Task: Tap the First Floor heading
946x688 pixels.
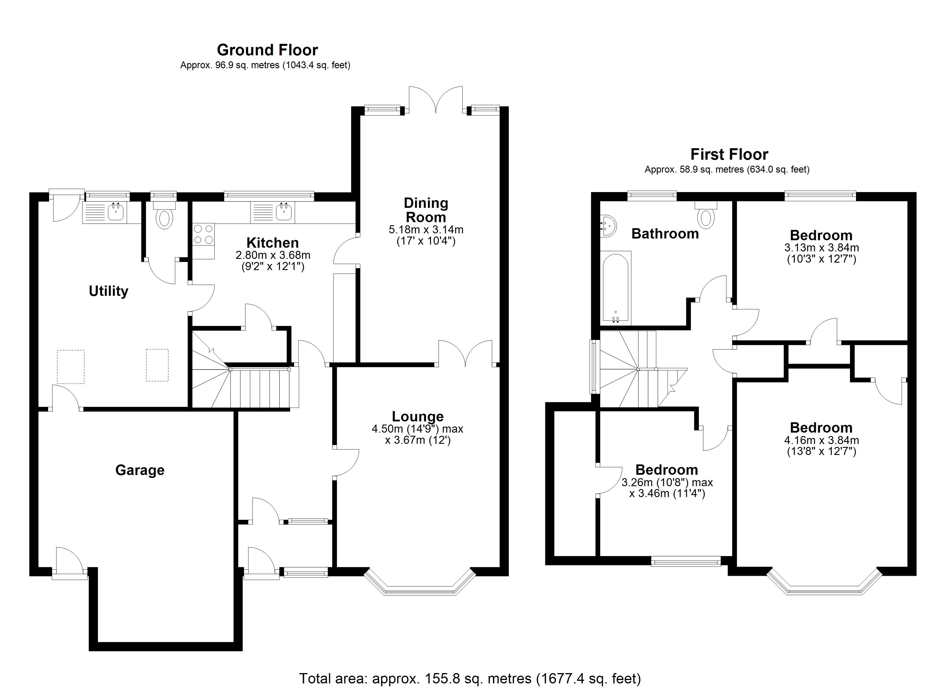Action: click(x=729, y=155)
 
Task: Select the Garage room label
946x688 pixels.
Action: click(x=140, y=470)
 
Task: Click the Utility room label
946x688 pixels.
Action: click(x=108, y=291)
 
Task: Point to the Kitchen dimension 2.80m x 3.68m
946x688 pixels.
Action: click(x=273, y=255)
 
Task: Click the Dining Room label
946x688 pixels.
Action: click(x=426, y=210)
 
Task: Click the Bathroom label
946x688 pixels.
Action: click(x=665, y=234)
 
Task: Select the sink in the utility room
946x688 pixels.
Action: click(x=116, y=212)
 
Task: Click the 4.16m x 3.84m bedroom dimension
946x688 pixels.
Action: click(x=821, y=440)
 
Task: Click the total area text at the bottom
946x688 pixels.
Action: click(x=470, y=679)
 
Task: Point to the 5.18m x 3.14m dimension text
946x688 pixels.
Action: click(x=426, y=229)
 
